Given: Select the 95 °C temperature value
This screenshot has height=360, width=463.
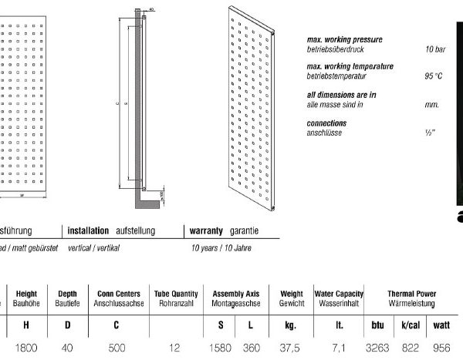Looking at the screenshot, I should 433,76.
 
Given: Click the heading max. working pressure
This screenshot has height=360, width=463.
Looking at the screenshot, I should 345,39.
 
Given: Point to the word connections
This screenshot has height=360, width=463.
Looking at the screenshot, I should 326,123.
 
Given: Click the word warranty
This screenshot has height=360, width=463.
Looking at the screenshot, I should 207,209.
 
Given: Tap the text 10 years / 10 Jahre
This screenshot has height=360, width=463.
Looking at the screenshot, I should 222,227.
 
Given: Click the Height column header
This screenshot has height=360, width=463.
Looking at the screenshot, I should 26,294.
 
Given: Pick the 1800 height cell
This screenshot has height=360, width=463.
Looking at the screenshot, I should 27,348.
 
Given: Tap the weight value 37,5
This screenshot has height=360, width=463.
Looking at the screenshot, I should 290,348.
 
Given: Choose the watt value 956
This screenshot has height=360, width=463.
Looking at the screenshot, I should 441,348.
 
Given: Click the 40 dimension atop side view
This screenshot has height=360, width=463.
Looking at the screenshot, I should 150,11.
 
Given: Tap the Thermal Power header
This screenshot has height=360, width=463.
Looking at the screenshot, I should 411,294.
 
